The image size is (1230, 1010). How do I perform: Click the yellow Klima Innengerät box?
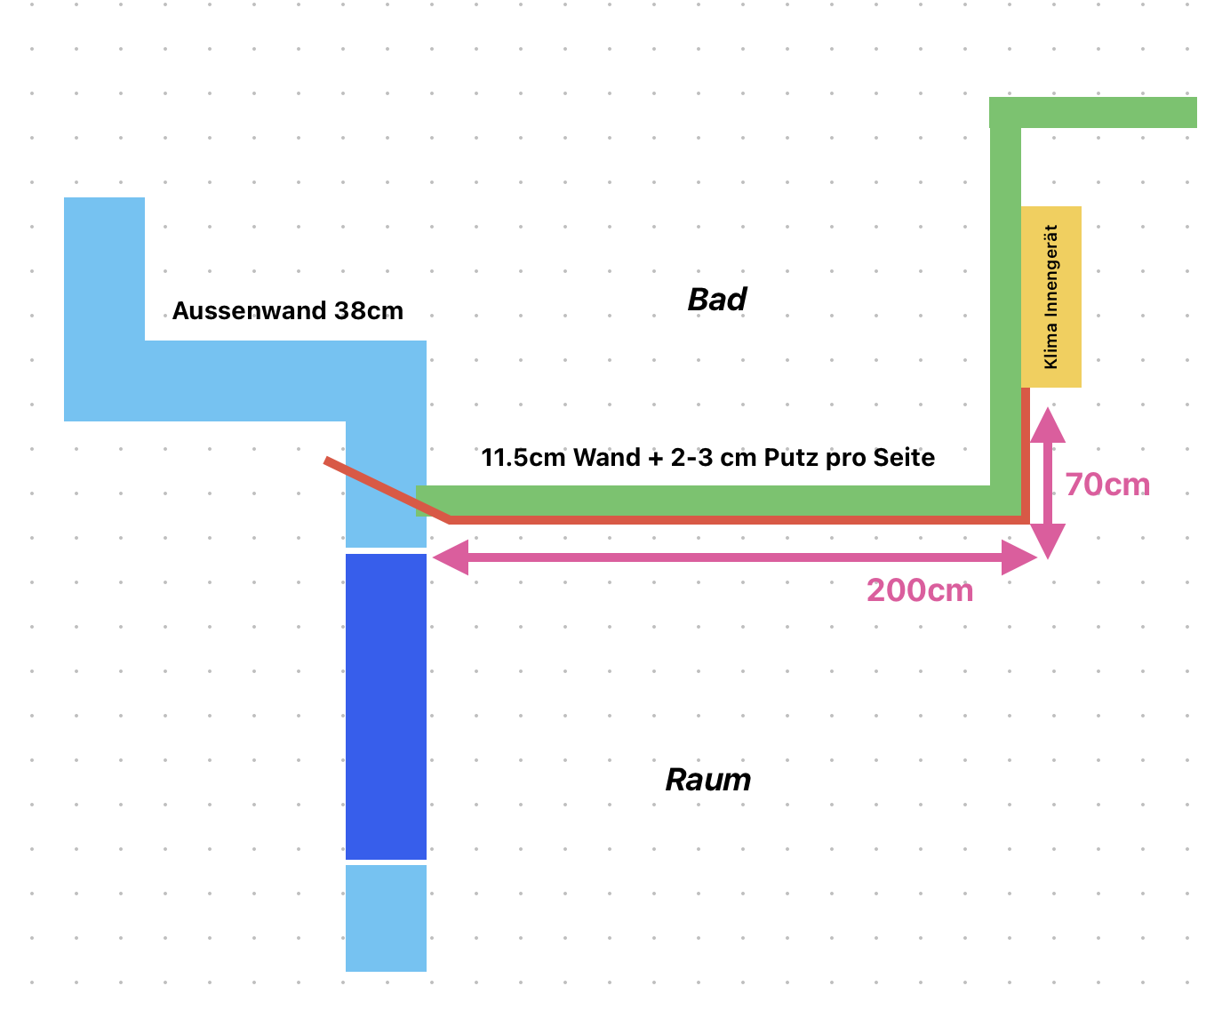[x=1051, y=296]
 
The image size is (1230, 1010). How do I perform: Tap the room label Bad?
[x=716, y=300]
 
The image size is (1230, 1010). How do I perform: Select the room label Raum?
[x=708, y=780]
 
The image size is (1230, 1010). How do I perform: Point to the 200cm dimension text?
[x=920, y=590]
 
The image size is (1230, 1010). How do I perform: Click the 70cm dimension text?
[x=1107, y=485]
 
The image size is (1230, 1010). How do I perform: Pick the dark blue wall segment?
[x=386, y=707]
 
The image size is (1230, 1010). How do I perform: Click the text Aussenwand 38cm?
[x=287, y=311]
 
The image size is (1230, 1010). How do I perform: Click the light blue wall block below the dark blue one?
[x=386, y=918]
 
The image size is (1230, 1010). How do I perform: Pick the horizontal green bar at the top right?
[x=1093, y=113]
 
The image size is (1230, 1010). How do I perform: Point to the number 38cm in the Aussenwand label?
[x=369, y=311]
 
